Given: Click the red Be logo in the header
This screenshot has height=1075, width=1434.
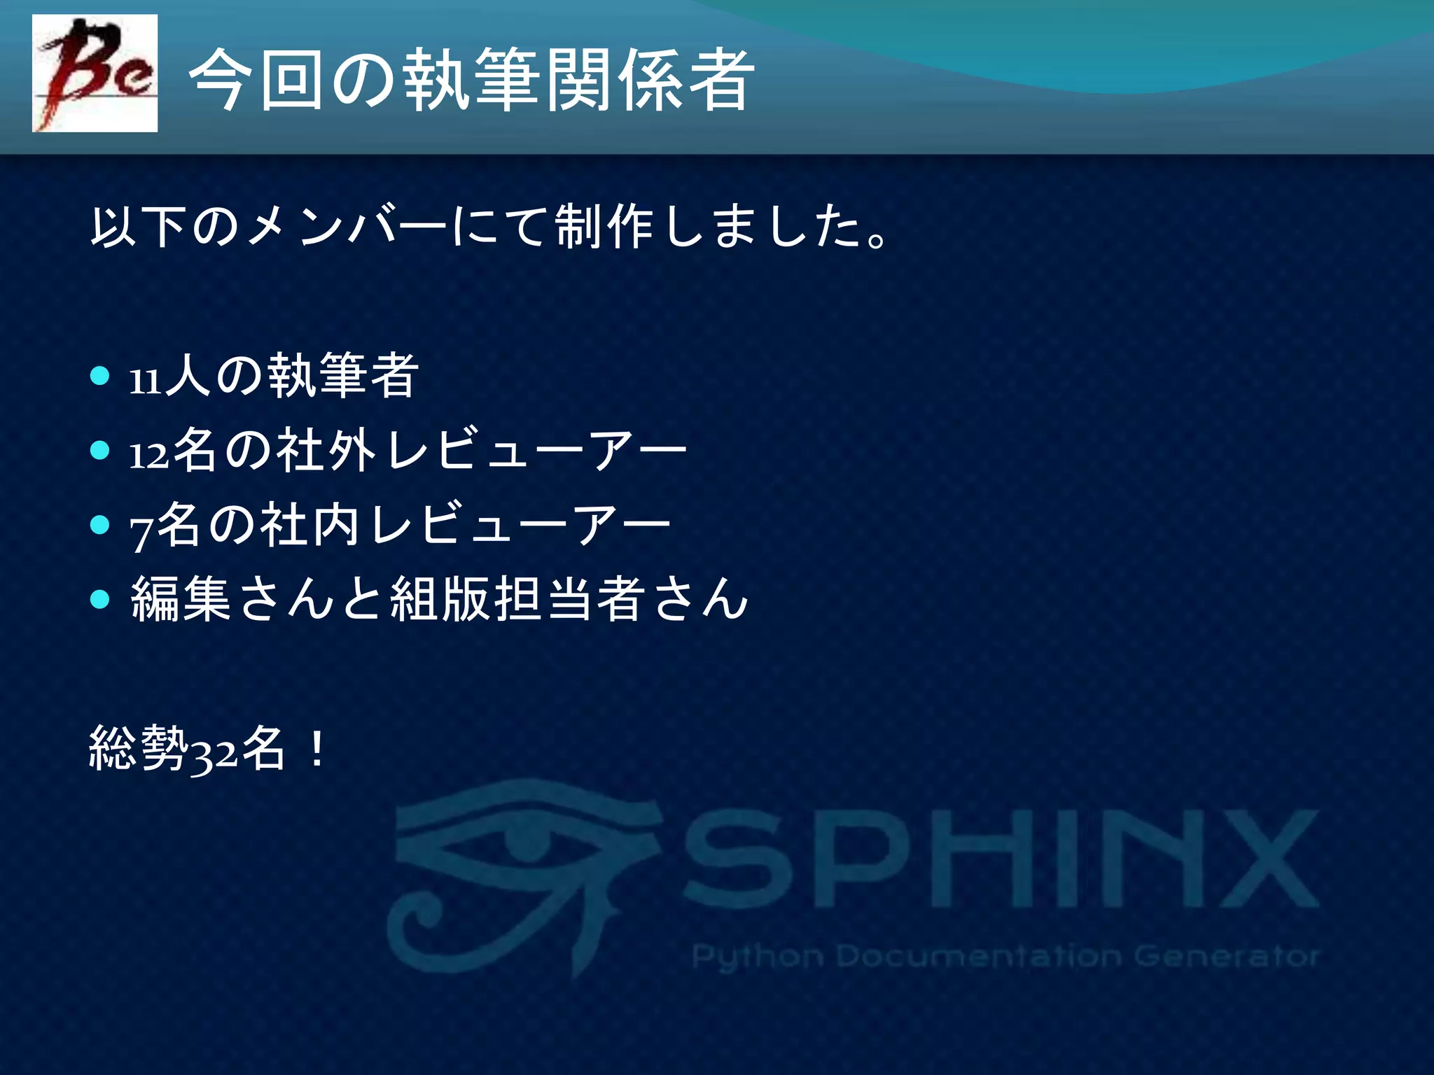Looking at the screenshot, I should click(95, 73).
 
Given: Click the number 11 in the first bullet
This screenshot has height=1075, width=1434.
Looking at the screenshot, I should click(145, 381).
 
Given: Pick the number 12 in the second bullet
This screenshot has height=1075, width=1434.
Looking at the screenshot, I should click(149, 455).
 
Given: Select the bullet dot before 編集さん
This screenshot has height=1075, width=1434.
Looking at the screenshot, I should click(101, 599).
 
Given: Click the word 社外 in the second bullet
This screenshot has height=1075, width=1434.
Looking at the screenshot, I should click(326, 449).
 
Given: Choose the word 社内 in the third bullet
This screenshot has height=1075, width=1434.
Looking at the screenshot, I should click(310, 525).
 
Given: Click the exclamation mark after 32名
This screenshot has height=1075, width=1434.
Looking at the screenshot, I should click(316, 749).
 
